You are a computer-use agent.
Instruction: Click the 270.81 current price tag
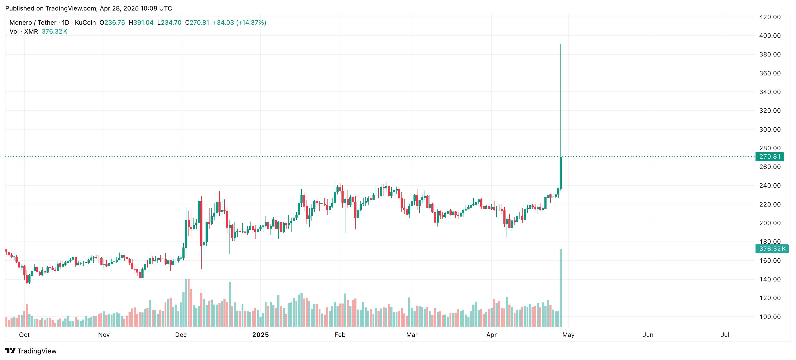click(769, 157)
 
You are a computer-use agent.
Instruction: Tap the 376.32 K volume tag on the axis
click(772, 249)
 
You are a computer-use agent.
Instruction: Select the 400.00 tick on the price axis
click(770, 36)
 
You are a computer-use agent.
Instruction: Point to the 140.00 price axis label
click(770, 279)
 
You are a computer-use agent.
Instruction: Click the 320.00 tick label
click(770, 111)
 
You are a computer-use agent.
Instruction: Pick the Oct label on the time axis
click(24, 335)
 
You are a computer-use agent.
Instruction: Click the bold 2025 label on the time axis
click(260, 335)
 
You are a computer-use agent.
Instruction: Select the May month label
click(568, 335)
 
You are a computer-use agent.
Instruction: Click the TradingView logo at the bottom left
click(31, 351)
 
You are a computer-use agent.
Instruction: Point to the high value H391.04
click(141, 23)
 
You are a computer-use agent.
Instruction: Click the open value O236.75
click(112, 23)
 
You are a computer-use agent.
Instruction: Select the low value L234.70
click(169, 23)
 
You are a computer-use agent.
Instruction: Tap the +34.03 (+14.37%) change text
click(239, 23)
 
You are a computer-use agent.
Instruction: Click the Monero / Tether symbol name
click(33, 23)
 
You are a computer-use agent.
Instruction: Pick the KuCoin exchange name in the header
click(85, 23)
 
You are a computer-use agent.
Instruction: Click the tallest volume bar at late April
click(560, 287)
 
